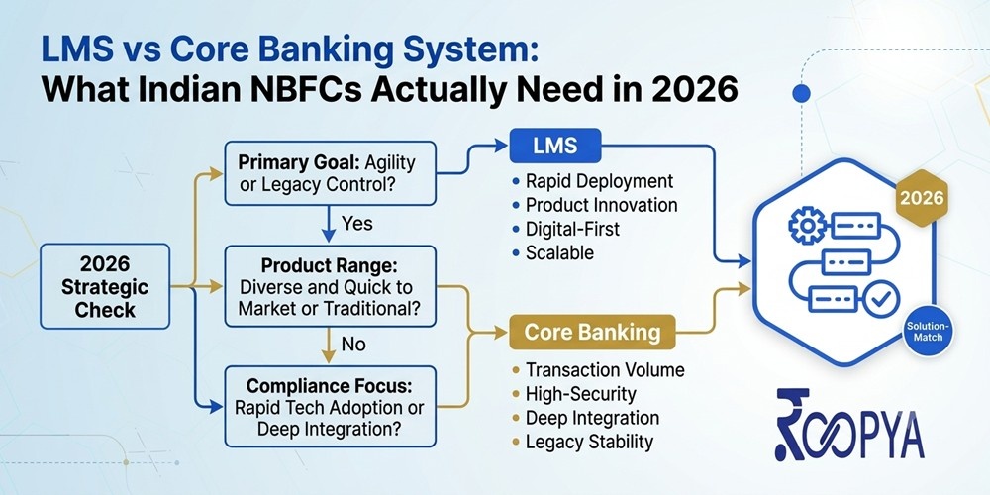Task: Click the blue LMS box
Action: [x=555, y=146]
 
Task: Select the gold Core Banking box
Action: [x=592, y=332]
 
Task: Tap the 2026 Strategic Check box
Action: [x=105, y=286]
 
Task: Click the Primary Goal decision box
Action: [x=331, y=173]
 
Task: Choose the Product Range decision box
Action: [x=331, y=286]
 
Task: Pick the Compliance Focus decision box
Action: [x=331, y=407]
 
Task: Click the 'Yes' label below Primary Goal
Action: [x=356, y=224]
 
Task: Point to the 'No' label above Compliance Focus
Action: [x=353, y=345]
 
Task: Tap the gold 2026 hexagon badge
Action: [x=922, y=199]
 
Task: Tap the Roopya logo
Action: [x=849, y=425]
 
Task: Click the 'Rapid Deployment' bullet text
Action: [x=600, y=182]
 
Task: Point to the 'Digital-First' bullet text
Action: [x=572, y=229]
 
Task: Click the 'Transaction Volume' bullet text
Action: [x=605, y=370]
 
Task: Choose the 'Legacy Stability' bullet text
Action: [x=589, y=442]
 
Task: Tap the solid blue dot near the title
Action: [x=801, y=93]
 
